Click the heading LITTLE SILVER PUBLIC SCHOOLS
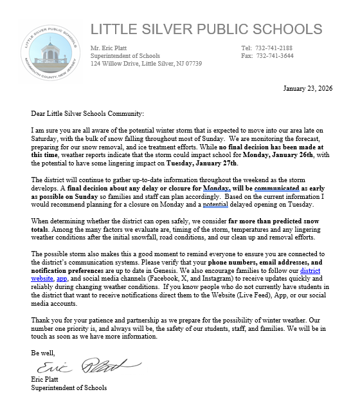tap(206, 29)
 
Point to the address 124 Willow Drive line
tap(146, 64)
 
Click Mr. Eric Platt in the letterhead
tap(112, 48)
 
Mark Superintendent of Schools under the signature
tap(69, 387)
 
